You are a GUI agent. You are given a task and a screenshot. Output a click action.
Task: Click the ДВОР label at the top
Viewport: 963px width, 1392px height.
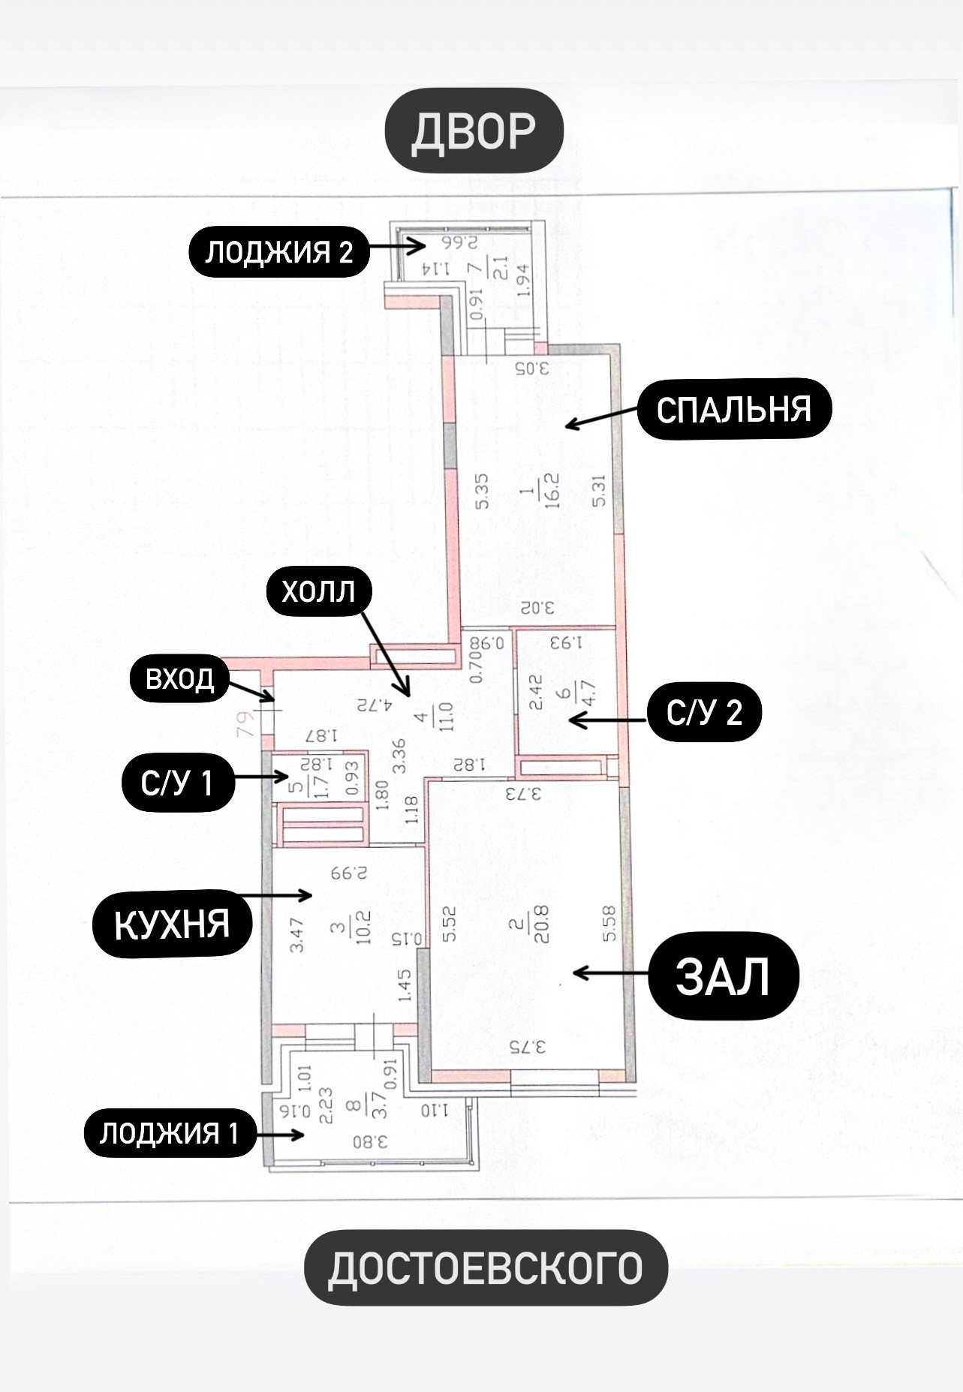pyautogui.click(x=474, y=131)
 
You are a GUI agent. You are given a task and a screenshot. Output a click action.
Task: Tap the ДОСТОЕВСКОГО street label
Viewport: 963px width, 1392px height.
pyautogui.click(x=486, y=1267)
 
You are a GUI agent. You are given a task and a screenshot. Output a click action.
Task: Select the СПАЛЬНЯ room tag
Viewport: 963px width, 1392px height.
pyautogui.click(x=734, y=410)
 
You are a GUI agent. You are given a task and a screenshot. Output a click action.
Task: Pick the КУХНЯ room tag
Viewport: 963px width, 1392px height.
pyautogui.click(x=172, y=924)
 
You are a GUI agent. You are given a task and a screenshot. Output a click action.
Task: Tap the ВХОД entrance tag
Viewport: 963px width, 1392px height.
pyautogui.click(x=179, y=679)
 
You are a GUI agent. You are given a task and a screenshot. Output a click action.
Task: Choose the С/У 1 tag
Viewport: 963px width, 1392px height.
pyautogui.click(x=177, y=783)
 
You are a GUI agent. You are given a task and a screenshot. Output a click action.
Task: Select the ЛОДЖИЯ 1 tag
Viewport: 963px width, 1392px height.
pyautogui.click(x=169, y=1133)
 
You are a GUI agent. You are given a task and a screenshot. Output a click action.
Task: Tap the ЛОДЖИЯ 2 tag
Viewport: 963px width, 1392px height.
pyautogui.click(x=278, y=252)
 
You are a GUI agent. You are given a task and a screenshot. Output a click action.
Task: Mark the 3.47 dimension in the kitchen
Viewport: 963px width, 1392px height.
pyautogui.click(x=297, y=934)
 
